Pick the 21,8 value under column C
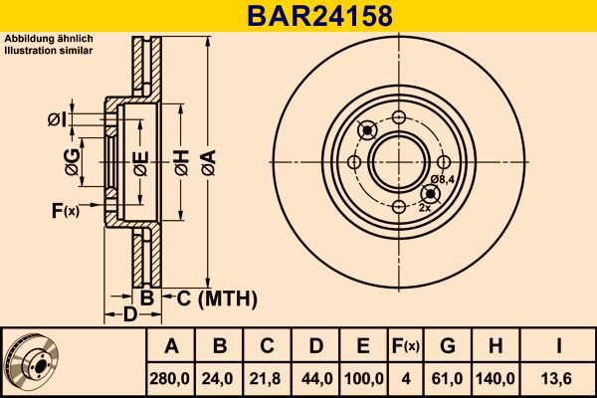click(267, 378)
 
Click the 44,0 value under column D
click(315, 378)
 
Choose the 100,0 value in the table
click(363, 378)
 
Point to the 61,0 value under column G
click(449, 378)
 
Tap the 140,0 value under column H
click(497, 378)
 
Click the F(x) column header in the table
click(405, 346)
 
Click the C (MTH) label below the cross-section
click(217, 298)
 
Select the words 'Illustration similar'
click(49, 48)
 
